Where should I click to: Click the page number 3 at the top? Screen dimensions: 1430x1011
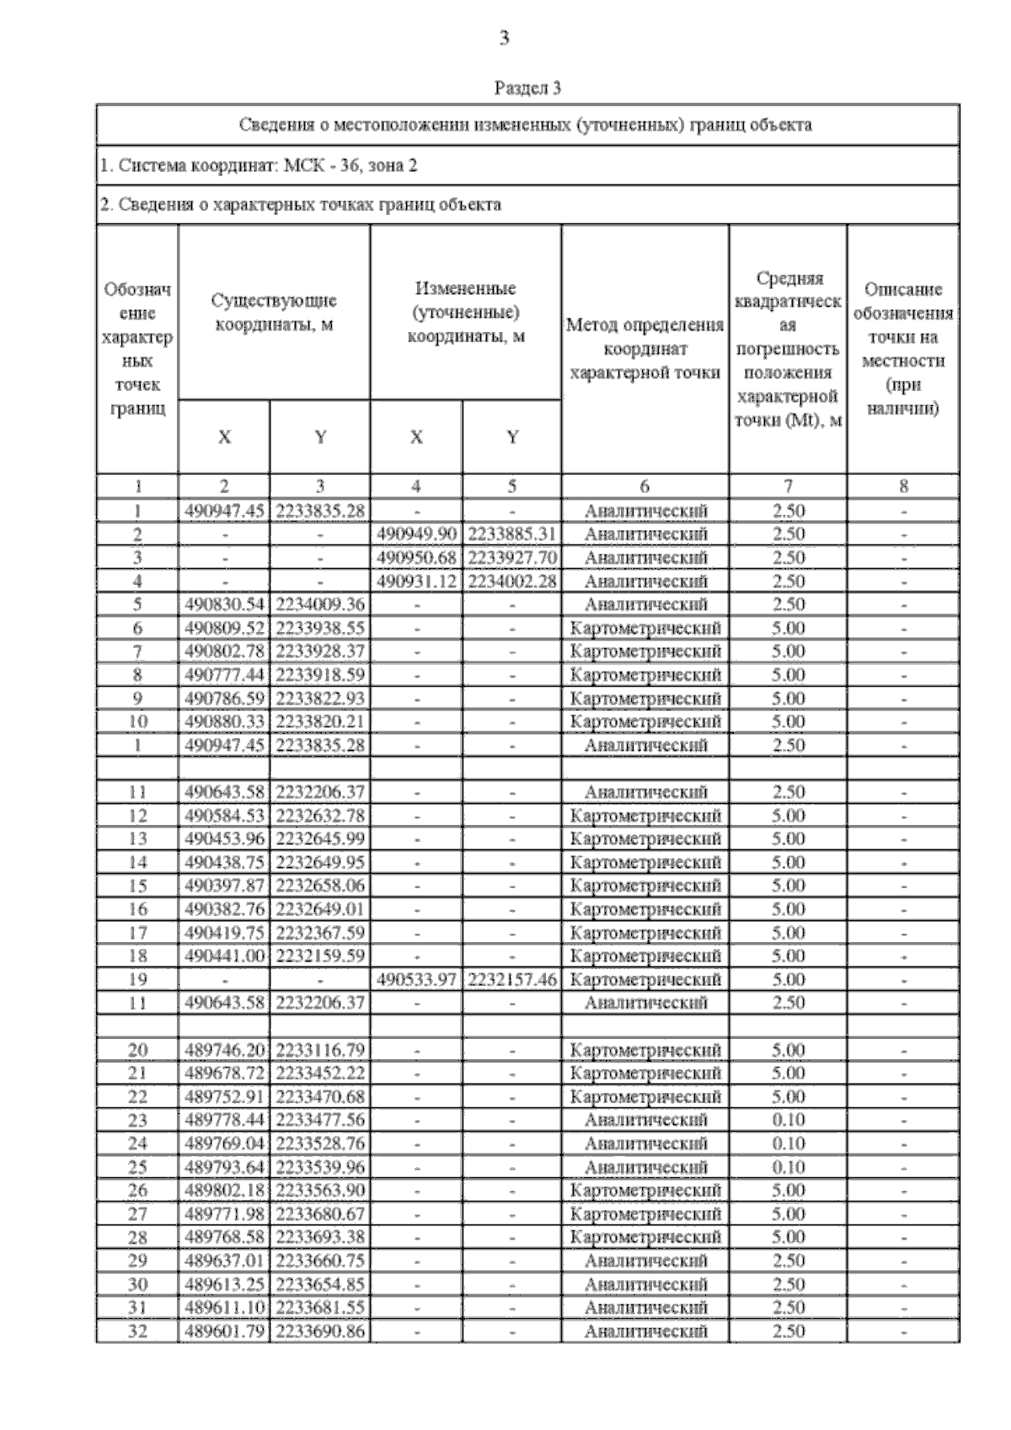coord(505,38)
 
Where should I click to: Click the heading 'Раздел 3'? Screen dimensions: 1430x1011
coord(527,88)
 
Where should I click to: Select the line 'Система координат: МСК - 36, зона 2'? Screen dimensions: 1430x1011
coord(258,165)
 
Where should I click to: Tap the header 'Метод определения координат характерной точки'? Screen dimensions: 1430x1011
coord(645,349)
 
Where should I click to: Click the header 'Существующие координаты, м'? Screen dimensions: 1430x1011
coord(274,313)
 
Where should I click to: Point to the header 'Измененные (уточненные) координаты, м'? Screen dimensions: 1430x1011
coord(465,313)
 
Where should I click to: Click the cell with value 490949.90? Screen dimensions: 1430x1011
coord(416,534)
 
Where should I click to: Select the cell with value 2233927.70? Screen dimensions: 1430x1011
coord(511,558)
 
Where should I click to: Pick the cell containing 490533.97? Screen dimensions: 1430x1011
coord(416,980)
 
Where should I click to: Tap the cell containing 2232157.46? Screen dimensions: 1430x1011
coord(511,980)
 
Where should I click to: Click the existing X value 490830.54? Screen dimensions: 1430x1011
coord(224,605)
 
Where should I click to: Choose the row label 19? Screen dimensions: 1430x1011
coord(137,980)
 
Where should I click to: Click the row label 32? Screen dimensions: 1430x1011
coord(137,1332)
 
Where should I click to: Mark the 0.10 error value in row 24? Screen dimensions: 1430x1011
coord(788,1144)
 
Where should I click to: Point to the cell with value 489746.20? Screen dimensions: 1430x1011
coord(224,1050)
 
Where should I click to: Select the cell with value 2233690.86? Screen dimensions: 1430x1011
coord(319,1332)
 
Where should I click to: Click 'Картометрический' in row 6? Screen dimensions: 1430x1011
coord(645,629)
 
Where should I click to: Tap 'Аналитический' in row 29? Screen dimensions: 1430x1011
coord(645,1261)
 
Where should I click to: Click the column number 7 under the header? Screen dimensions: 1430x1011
coord(788,486)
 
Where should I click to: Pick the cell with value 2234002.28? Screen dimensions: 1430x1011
coord(511,581)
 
